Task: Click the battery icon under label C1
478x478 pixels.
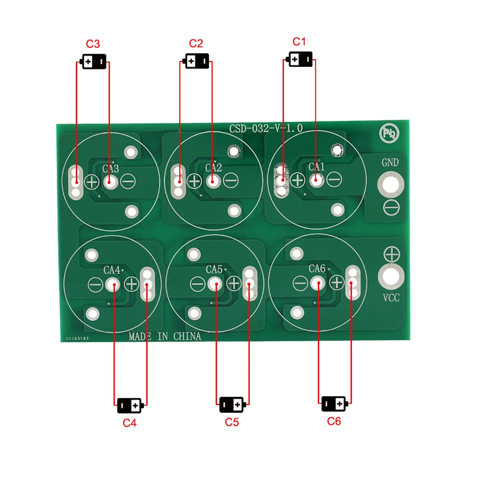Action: (300, 59)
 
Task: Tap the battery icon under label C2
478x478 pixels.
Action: (196, 61)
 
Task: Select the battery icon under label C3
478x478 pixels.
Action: (94, 62)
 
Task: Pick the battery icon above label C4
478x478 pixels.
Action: (130, 405)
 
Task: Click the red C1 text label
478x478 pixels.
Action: (299, 42)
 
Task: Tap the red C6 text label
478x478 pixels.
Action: (334, 421)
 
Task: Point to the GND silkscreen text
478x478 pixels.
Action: (390, 163)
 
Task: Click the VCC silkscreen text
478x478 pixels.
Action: (390, 298)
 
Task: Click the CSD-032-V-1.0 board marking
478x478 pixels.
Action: (266, 128)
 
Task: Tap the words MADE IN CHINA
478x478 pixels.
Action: (165, 336)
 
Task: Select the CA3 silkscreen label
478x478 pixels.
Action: (111, 168)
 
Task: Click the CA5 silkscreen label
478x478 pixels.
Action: (214, 269)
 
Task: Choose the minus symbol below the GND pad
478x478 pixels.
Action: (391, 207)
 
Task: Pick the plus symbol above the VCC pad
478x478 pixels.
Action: (391, 253)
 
